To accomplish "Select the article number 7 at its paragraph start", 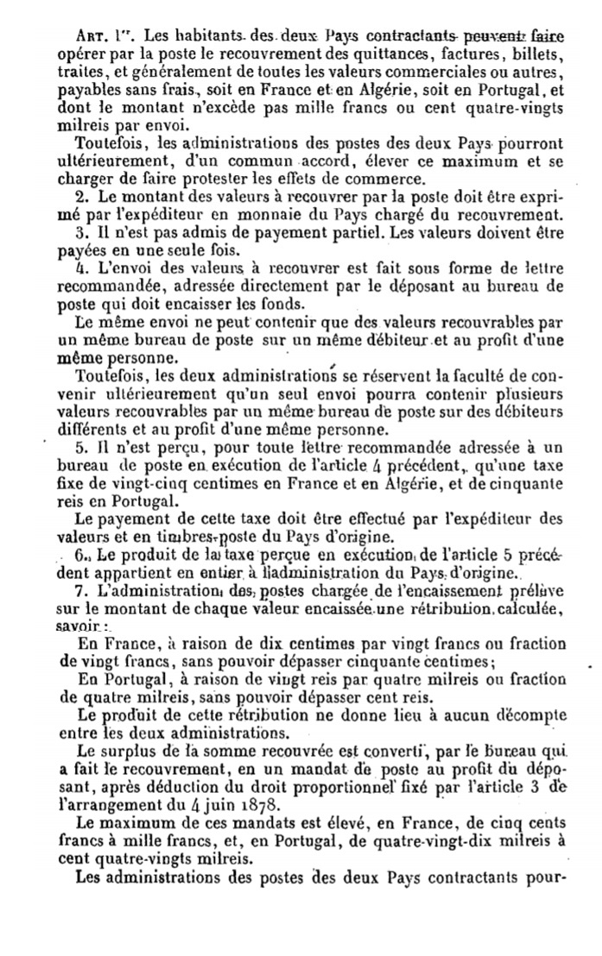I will point(79,590).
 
